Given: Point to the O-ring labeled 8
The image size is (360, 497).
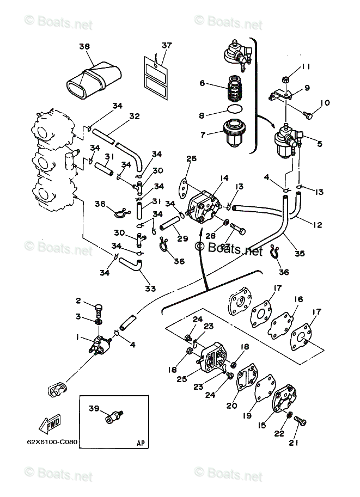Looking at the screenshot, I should tap(234, 109).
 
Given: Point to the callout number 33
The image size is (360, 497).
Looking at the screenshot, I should tap(150, 288).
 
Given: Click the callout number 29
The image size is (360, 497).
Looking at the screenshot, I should tap(167, 239).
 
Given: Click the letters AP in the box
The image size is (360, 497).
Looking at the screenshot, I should tap(140, 443).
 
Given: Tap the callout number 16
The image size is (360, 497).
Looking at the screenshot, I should tap(298, 299).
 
